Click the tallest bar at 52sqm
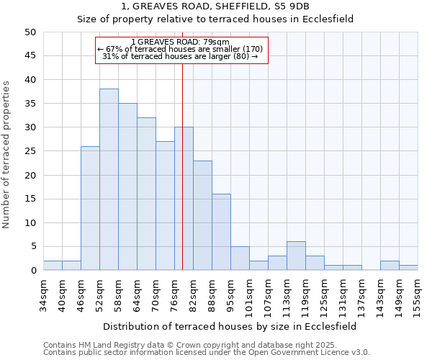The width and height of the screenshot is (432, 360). pos(109,179)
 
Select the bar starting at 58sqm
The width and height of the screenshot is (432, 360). pos(127,186)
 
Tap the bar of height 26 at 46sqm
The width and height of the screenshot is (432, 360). pos(90,208)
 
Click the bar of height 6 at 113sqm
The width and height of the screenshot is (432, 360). pos(296,256)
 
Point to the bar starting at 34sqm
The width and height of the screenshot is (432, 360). pos(53,266)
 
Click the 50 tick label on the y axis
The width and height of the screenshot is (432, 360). pos(30,32)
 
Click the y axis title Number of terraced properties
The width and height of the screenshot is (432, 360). pos(7,154)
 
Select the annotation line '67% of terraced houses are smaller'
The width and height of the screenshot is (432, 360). pos(181,49)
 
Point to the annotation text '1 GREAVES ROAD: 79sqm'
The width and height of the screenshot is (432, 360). pos(181,42)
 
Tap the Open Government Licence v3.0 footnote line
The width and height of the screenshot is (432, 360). pos(206,352)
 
